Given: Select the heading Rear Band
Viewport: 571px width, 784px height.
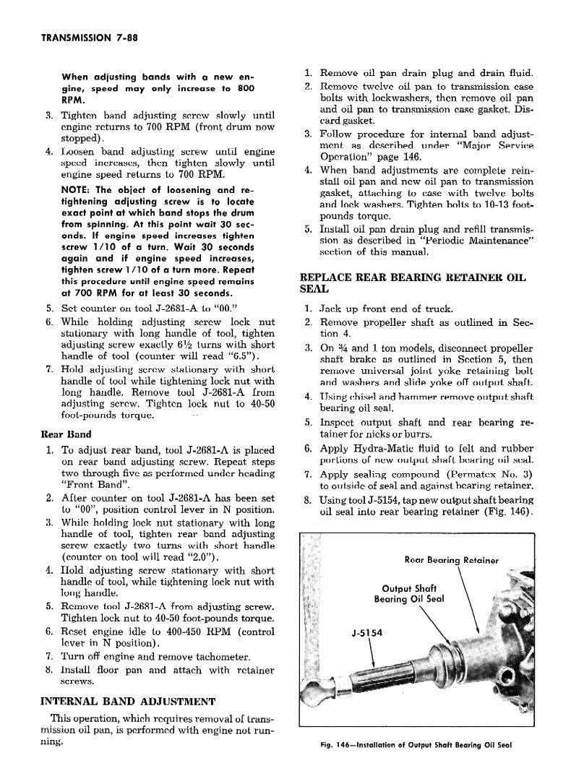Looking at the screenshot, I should point(64,434).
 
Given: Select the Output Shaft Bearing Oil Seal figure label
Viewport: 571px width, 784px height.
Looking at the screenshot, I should point(409,593).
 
